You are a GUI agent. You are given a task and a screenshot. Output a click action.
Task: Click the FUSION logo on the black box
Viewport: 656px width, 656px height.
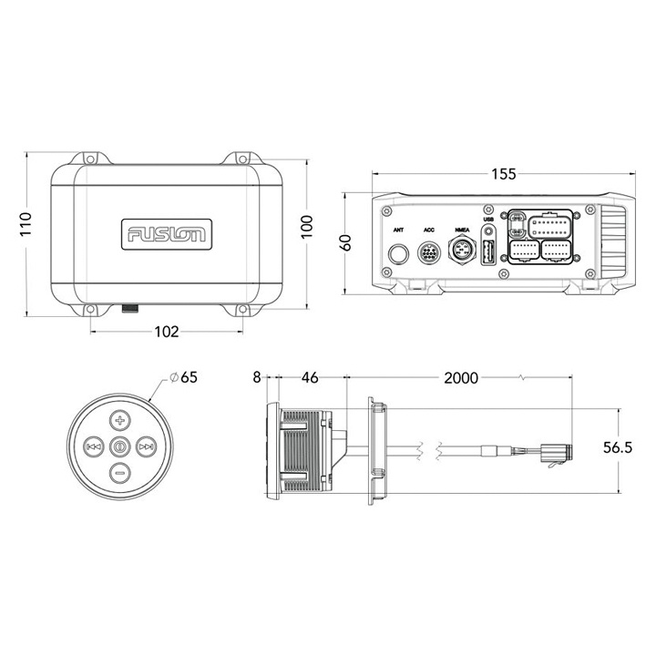click(166, 233)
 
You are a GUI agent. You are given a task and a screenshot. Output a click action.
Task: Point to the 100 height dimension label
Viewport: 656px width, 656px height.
click(307, 224)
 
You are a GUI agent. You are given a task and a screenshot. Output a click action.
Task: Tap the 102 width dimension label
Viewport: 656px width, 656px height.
click(166, 332)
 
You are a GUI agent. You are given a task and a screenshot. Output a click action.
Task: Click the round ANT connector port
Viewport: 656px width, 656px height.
click(399, 254)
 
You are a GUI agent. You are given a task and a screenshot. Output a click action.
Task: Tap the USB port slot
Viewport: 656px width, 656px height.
click(488, 253)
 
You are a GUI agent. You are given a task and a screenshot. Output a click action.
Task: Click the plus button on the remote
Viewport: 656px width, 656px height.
click(119, 420)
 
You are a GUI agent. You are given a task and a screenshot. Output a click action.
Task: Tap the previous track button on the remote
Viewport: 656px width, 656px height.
click(93, 446)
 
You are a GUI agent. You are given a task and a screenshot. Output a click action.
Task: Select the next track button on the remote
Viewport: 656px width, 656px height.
click(146, 446)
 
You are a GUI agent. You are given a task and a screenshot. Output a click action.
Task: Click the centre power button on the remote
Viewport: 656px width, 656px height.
click(119, 446)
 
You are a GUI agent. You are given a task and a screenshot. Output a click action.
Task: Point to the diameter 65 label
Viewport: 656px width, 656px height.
click(186, 376)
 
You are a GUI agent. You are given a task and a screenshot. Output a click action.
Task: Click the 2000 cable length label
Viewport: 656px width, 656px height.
click(462, 375)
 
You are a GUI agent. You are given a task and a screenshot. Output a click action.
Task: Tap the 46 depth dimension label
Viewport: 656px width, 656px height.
click(311, 375)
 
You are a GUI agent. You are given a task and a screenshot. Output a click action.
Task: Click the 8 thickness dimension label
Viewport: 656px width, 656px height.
click(258, 375)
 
